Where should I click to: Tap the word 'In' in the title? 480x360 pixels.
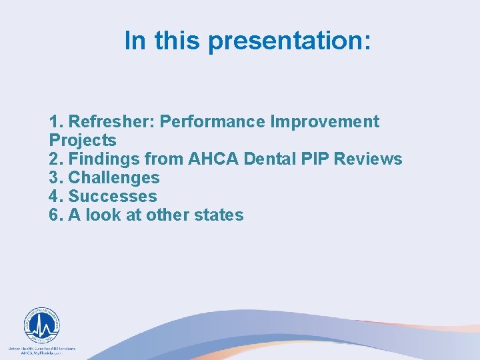135,41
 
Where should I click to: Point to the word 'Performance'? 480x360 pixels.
213,122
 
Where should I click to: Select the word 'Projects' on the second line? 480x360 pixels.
83,141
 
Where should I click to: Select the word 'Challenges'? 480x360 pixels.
114,178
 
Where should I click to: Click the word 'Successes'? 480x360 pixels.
113,197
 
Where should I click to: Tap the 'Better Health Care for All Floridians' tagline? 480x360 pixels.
41,349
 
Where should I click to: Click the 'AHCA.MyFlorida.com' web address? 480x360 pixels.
41,354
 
